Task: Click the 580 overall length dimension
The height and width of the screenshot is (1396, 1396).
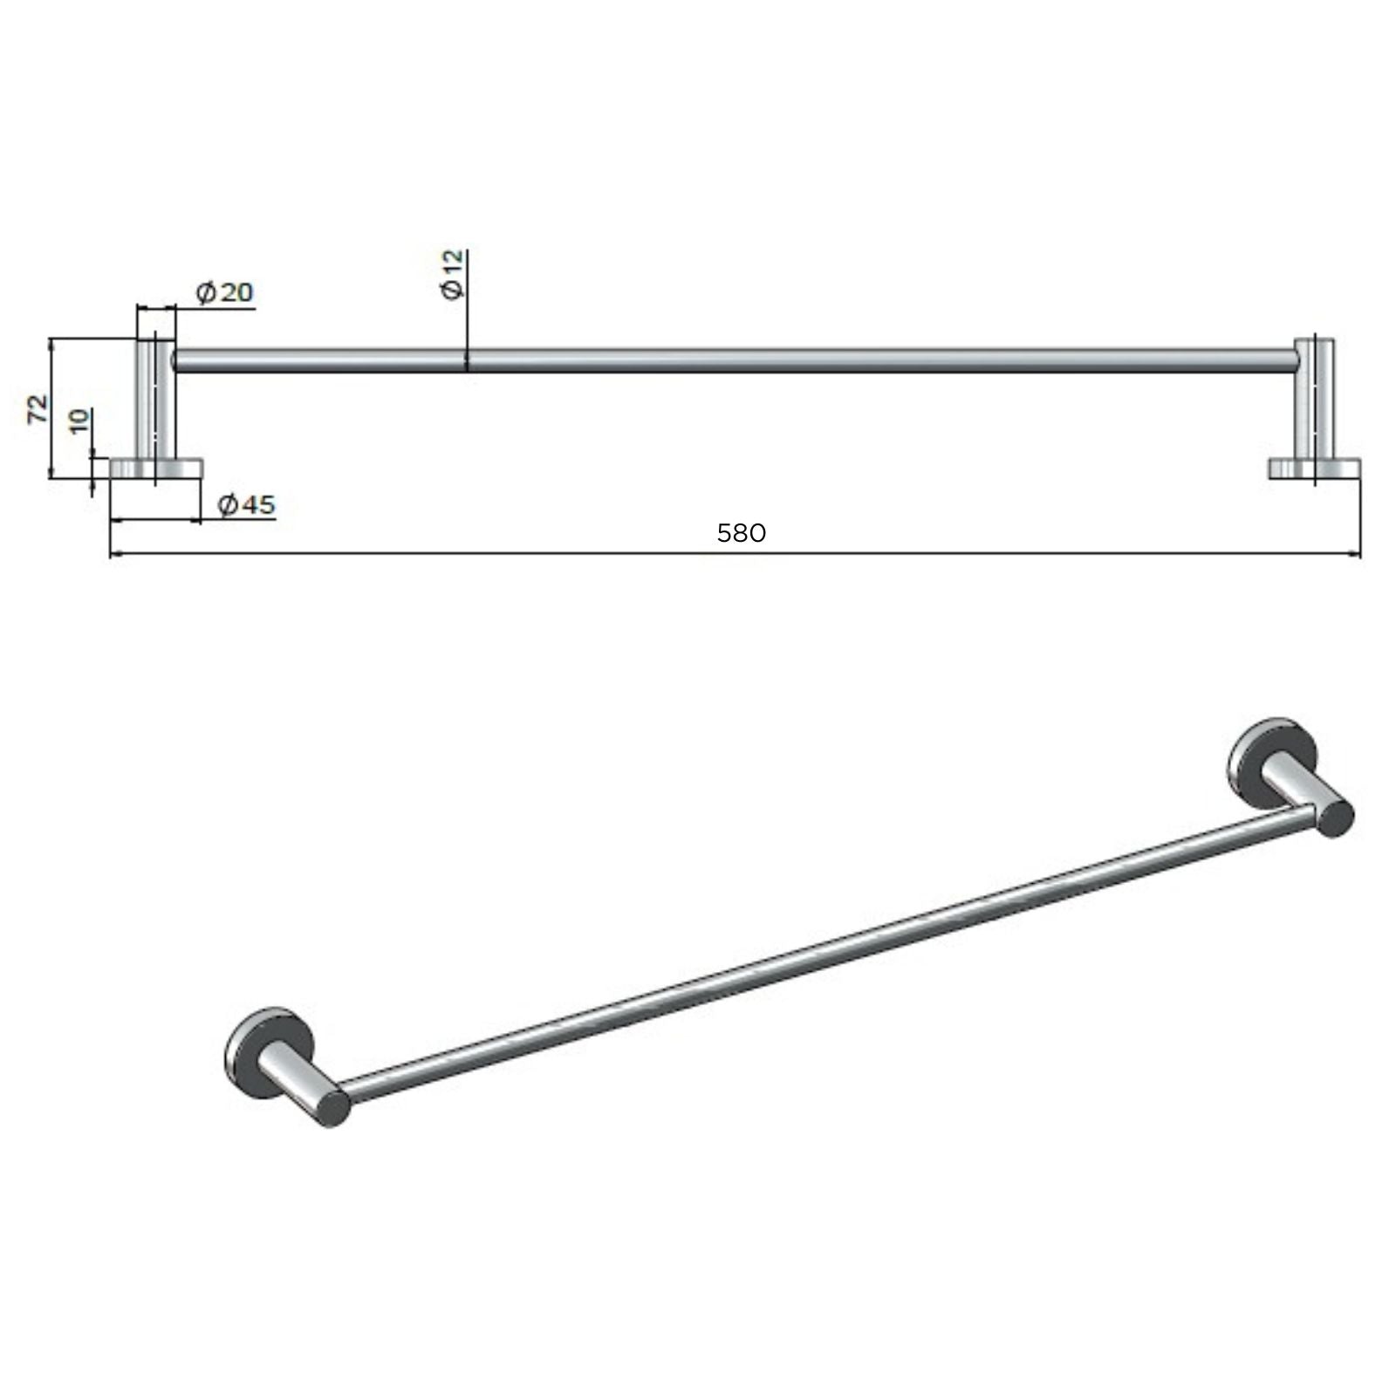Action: coord(741,533)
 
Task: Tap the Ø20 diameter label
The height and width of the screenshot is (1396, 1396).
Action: coord(225,292)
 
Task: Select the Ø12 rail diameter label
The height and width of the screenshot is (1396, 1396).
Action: coord(454,274)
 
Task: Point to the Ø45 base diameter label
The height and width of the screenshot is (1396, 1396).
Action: coord(246,504)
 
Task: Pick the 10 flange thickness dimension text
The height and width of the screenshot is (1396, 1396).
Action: coord(79,421)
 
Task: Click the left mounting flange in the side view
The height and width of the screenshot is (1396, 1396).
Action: coord(156,469)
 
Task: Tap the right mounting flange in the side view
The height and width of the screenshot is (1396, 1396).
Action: coord(1314,469)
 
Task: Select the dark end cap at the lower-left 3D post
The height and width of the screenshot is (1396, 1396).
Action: coord(333,1108)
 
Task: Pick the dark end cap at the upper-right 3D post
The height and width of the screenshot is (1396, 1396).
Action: coord(1335,820)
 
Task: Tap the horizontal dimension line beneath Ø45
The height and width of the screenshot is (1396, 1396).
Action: coord(157,521)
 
